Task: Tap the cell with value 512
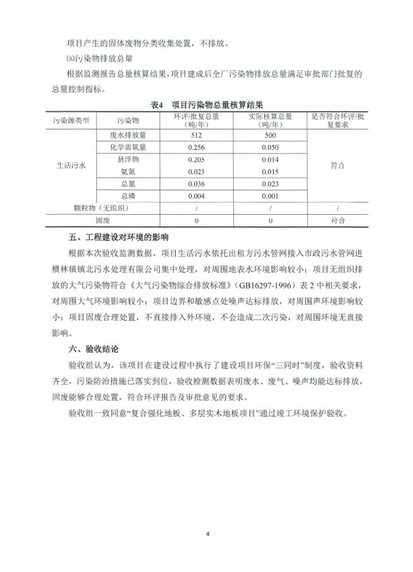tap(197, 134)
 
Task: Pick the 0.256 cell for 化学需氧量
tap(197, 147)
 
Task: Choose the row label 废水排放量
tap(128, 134)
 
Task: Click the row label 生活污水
tap(71, 165)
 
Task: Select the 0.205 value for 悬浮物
tap(197, 160)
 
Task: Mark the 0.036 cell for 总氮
tap(197, 184)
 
